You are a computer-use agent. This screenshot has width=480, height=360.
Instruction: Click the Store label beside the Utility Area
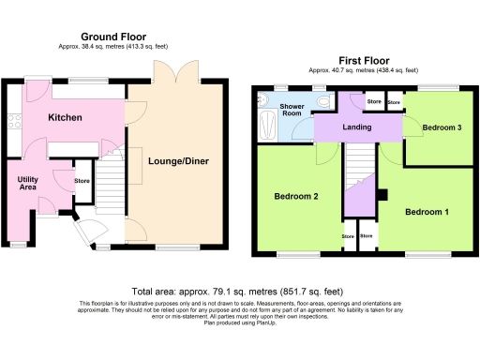(82, 182)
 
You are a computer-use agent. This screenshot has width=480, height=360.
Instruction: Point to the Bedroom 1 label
(427, 213)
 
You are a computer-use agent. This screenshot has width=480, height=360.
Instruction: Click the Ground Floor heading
(116, 36)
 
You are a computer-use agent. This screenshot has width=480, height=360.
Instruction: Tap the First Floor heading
(364, 58)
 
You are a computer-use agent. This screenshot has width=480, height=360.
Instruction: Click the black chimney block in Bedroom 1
(382, 195)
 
